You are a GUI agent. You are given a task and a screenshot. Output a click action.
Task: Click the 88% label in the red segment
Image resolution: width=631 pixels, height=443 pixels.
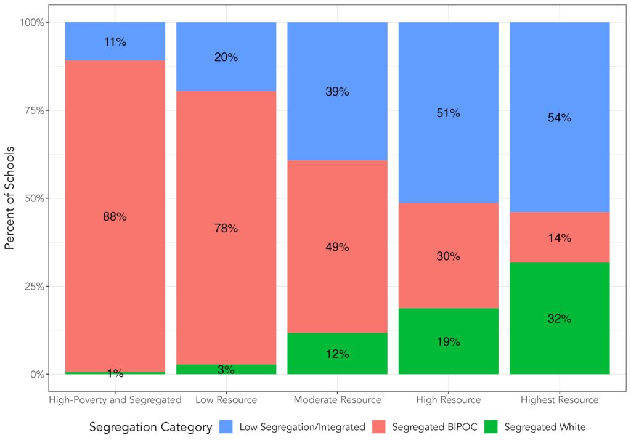(115, 217)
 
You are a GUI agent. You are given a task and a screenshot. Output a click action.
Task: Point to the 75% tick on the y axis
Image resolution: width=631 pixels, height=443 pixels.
(31, 110)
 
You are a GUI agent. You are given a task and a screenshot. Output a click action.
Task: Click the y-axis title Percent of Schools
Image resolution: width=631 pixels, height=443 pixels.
(10, 198)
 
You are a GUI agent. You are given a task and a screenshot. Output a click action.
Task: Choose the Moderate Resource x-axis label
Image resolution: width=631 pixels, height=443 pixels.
(337, 400)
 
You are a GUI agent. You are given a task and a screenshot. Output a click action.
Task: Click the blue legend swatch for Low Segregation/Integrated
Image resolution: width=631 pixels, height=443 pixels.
(226, 426)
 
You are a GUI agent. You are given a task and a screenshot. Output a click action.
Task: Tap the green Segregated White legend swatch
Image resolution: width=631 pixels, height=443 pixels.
(491, 426)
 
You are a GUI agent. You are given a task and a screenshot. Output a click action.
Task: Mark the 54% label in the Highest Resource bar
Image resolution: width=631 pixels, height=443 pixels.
(560, 118)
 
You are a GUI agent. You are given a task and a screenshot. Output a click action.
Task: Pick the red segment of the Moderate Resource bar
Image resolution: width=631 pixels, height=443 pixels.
(337, 277)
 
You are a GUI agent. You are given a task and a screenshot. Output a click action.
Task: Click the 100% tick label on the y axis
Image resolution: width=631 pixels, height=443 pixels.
(30, 22)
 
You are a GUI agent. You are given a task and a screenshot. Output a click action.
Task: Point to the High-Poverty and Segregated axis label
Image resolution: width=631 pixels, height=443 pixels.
(115, 400)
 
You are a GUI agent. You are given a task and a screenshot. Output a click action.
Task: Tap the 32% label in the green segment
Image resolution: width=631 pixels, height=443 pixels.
(560, 319)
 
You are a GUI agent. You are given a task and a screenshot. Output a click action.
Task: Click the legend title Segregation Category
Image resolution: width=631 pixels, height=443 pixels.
(150, 426)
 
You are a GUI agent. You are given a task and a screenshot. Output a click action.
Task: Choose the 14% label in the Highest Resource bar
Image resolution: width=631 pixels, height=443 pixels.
(560, 238)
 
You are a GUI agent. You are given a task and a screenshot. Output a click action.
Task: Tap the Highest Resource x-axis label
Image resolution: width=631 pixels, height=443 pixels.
(560, 400)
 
